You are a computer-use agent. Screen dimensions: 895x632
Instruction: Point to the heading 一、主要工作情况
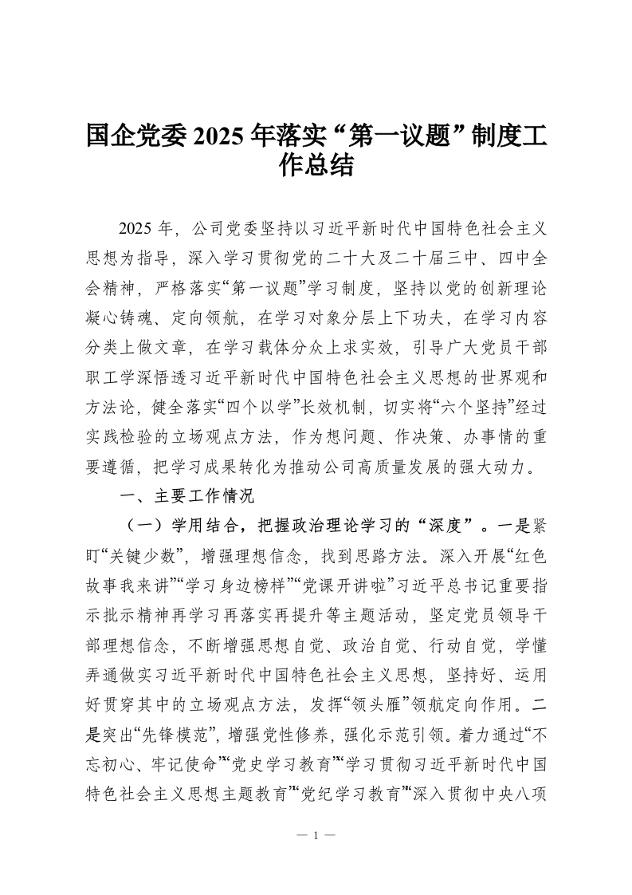tap(186, 495)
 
